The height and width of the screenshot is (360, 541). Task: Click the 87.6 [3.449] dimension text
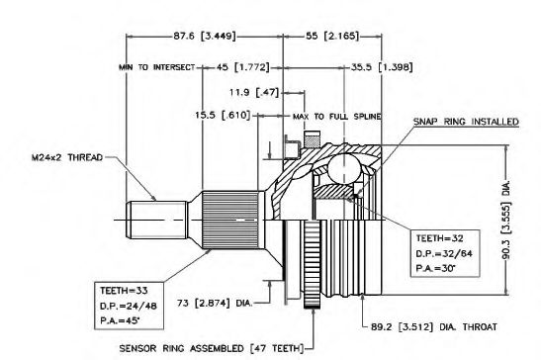pos(205,36)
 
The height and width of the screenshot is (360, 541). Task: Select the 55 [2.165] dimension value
pos(332,36)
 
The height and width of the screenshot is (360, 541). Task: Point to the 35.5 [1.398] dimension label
pos(382,66)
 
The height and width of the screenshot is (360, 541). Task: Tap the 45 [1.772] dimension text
pos(243,67)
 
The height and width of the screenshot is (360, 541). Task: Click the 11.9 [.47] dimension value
pos(254,93)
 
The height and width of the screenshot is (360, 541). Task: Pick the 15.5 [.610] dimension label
pos(223,115)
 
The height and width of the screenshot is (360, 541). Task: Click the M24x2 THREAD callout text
pos(67,157)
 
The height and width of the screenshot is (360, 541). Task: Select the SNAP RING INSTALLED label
pos(466,122)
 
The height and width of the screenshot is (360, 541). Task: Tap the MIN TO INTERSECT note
pos(157,67)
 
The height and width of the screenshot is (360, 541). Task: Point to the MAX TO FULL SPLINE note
pos(337,117)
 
